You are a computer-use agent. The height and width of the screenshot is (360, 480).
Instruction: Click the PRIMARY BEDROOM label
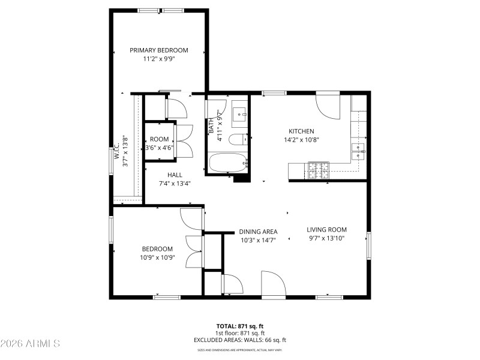point(159,50)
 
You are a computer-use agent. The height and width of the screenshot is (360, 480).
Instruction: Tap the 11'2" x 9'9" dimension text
point(159,59)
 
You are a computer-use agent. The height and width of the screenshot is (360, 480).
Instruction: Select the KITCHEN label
point(301,131)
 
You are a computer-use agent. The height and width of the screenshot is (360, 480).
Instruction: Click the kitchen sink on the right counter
point(359,151)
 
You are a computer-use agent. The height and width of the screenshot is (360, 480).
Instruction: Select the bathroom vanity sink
point(240,113)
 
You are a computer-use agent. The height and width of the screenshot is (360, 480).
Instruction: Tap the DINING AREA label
point(258,232)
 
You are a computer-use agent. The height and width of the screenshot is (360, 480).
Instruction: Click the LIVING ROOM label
point(327,229)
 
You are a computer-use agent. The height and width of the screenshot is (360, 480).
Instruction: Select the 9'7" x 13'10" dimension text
point(327,238)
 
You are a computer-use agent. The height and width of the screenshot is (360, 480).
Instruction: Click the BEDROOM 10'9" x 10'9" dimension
point(157,258)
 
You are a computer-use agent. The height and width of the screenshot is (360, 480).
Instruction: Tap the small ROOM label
point(159,139)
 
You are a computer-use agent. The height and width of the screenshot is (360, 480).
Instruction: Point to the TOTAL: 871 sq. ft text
point(239,326)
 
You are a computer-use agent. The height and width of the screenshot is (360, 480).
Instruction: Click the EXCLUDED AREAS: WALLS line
point(239,340)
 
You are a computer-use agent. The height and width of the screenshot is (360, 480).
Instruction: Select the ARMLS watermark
point(30,344)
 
